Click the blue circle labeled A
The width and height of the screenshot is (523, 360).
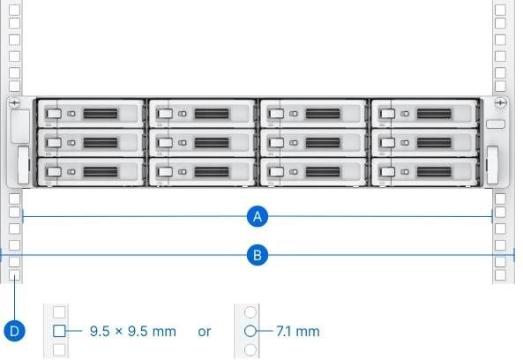click(x=258, y=216)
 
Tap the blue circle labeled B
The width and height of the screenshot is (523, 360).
click(x=258, y=255)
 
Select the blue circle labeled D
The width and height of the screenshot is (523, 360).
click(x=14, y=331)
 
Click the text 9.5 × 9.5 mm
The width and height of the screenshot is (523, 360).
click(x=133, y=331)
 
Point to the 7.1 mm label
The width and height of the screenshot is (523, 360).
click(x=298, y=331)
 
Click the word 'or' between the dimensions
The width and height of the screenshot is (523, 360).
click(x=204, y=332)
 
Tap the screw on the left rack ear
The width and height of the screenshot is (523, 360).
click(x=14, y=102)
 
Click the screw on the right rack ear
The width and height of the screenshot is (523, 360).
click(x=500, y=102)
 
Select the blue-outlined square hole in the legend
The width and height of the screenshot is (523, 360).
click(x=59, y=331)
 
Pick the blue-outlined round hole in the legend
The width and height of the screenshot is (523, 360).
click(x=250, y=331)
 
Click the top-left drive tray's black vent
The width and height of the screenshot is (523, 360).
click(x=101, y=114)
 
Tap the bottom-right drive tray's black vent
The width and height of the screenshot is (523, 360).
click(x=434, y=172)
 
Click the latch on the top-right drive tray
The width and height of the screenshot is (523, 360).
click(x=387, y=114)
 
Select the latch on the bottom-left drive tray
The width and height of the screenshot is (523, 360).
click(x=54, y=172)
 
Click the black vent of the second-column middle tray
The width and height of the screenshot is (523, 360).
click(x=212, y=143)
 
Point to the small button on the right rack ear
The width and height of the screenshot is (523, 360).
click(x=496, y=124)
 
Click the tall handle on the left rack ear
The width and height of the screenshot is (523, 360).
click(x=23, y=165)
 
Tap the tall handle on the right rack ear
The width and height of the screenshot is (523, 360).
click(x=493, y=165)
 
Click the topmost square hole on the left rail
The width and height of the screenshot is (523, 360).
click(x=14, y=10)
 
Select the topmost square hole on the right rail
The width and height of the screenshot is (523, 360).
click(x=500, y=10)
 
